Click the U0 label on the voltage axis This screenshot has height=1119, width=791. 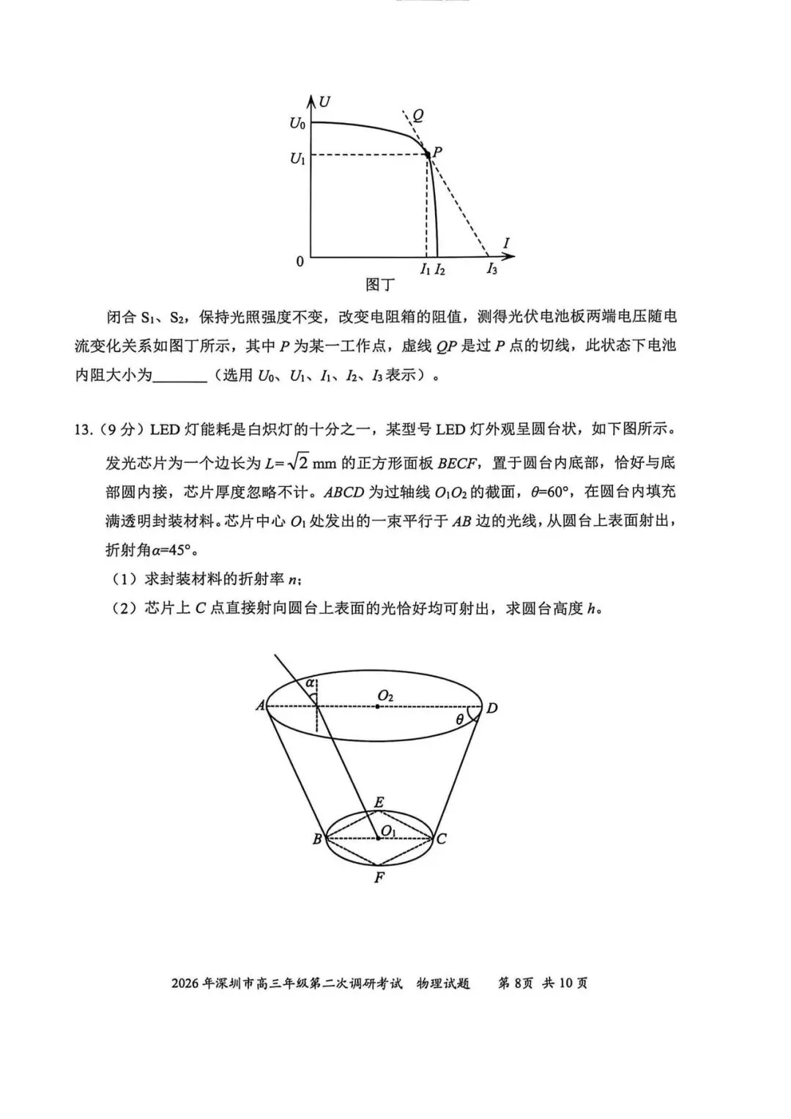click(x=297, y=124)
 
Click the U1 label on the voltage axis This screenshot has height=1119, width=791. click(x=297, y=157)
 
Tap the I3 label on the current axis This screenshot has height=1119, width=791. click(x=491, y=269)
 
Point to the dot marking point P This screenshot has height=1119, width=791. click(x=428, y=155)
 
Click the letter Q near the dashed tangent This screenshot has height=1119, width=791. click(x=418, y=115)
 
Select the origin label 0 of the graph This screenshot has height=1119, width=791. click(x=300, y=261)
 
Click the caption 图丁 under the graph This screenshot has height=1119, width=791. click(x=380, y=284)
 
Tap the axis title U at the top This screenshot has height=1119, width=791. click(x=324, y=102)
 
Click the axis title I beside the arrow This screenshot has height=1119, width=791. click(x=506, y=244)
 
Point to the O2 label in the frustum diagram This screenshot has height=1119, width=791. click(x=385, y=696)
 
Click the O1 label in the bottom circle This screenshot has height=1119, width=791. click(x=388, y=830)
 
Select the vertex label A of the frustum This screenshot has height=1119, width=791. click(x=260, y=706)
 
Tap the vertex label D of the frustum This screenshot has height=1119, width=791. click(x=492, y=708)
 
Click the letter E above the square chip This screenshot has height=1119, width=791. click(x=379, y=803)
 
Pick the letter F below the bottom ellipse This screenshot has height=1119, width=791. click(x=379, y=877)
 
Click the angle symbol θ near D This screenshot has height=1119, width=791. click(x=460, y=720)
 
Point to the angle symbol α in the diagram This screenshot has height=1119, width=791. click(x=311, y=683)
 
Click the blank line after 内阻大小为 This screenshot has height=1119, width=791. click(x=180, y=376)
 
